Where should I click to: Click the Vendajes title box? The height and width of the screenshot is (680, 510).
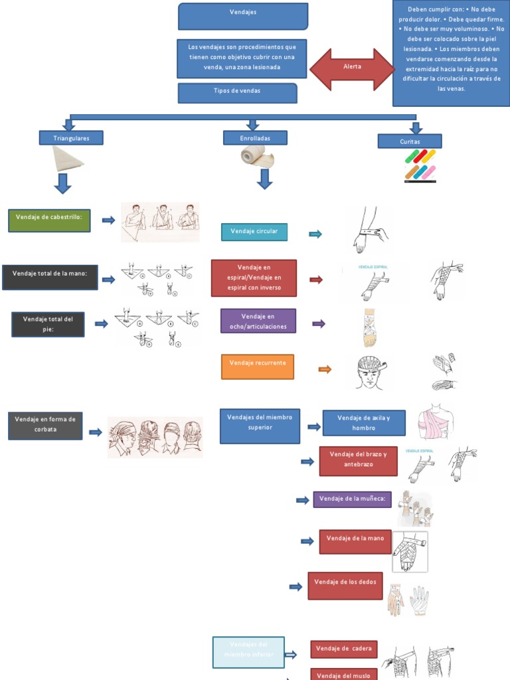pos(243,17)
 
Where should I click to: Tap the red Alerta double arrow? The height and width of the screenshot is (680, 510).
pos(352,68)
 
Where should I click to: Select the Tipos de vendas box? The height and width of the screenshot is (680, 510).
pos(237,93)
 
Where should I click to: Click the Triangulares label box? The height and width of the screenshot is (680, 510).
pos(71,138)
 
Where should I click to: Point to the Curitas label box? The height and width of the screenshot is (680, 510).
pos(410,141)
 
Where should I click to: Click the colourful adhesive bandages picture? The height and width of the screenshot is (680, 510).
pos(420,165)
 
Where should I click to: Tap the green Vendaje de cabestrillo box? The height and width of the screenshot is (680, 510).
pos(49,220)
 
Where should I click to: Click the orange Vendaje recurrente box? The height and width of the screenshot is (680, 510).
pos(258,367)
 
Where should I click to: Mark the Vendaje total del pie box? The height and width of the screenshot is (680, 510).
pos(48,323)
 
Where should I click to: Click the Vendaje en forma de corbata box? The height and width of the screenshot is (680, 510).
pos(45,425)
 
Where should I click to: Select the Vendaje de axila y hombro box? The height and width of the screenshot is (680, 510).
pos(364,422)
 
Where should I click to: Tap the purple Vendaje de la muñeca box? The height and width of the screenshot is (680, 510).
pos(352,499)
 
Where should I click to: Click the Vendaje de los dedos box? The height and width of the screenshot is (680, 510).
pos(345,586)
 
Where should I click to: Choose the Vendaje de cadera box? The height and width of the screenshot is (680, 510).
pos(344,649)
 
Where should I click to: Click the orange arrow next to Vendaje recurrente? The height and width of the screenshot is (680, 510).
pos(325,369)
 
